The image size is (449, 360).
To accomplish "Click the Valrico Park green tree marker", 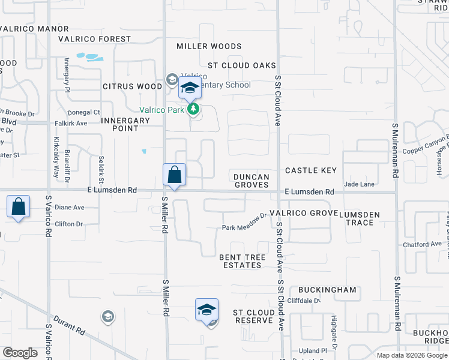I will (x=193, y=109).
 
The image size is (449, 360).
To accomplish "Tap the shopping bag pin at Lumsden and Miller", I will (x=173, y=176).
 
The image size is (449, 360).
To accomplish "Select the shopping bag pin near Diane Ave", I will (x=19, y=207).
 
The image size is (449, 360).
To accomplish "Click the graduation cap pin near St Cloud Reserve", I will (x=206, y=310).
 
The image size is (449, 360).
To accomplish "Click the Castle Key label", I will (x=311, y=171).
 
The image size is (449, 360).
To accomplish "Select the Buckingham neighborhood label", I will (x=327, y=290).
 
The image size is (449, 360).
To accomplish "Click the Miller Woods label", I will (x=209, y=46).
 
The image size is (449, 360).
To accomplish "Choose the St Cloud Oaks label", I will (x=241, y=65).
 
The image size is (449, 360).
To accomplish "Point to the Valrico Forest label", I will (x=94, y=39).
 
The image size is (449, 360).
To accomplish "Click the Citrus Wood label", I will (x=132, y=86).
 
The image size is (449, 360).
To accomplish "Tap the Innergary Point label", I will (x=125, y=124).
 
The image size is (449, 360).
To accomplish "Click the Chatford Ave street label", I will (x=422, y=244).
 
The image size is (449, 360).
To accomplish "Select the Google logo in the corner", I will (x=20, y=353).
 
